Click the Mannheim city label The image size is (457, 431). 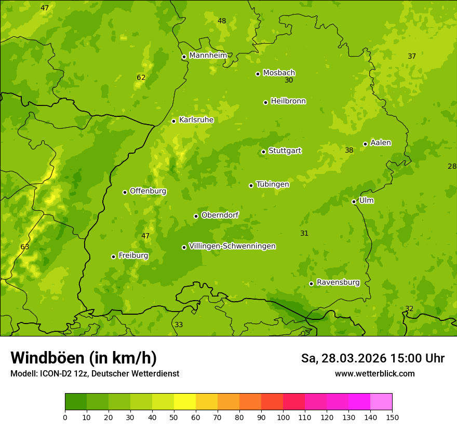click(x=208, y=56)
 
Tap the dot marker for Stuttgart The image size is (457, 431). click(x=263, y=152)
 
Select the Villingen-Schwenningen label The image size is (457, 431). click(x=232, y=246)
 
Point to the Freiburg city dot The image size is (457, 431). click(x=113, y=257)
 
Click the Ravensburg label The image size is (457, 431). click(x=338, y=282)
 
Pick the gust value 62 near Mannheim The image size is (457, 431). click(x=141, y=78)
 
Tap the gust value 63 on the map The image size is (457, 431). click(x=25, y=247)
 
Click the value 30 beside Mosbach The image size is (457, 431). click(x=289, y=80)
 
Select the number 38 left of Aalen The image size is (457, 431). click(x=349, y=150)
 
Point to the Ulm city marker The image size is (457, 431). click(x=354, y=201)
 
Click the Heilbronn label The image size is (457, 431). click(x=288, y=101)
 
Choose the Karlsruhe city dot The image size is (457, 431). click(x=173, y=121)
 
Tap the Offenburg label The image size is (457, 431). click(x=148, y=191)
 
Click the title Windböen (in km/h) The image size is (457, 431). click(x=84, y=358)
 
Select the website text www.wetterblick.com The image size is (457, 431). click(x=374, y=373)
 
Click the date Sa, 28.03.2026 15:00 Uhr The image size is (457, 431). click(x=372, y=358)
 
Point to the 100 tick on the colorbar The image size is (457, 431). click(x=283, y=417)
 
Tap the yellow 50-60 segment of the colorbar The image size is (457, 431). click(x=185, y=402)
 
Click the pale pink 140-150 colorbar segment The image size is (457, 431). click(x=381, y=402)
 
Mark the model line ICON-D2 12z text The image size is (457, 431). click(x=95, y=373)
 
